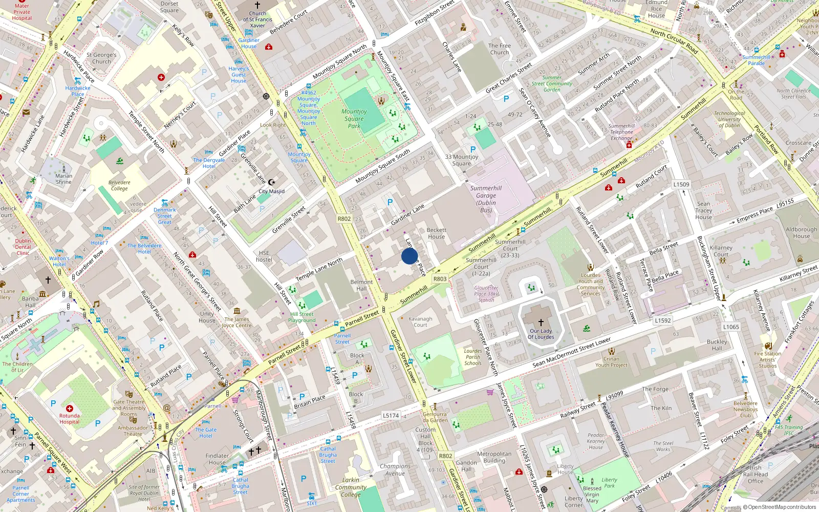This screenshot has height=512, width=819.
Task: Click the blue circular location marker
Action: coord(409,256)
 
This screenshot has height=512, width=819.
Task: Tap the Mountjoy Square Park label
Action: coord(354,118)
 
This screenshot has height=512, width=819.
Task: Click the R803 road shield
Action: coord(440,279)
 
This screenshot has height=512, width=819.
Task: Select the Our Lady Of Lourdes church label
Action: coord(541,334)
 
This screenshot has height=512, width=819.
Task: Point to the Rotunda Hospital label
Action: coord(69,419)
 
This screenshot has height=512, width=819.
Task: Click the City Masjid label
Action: coord(271,191)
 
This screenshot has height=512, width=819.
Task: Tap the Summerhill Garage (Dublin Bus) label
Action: coord(486,199)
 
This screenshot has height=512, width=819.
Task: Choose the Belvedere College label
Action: coord(119,185)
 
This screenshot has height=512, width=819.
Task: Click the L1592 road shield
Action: coord(662,321)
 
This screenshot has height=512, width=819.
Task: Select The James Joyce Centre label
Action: coord(237,322)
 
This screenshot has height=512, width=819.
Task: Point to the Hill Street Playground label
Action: coord(302,317)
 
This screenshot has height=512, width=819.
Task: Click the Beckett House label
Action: coord(436,233)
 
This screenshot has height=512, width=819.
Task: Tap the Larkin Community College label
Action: coord(351,487)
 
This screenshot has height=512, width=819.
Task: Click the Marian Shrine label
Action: coord(64,179)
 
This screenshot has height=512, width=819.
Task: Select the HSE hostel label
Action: coord(264,256)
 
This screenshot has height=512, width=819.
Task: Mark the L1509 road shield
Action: coord(681,184)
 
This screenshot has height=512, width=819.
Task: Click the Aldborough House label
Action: coord(801,233)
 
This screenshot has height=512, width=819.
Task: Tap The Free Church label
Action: coord(500,49)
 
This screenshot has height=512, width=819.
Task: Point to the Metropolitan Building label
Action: coord(494,457)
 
